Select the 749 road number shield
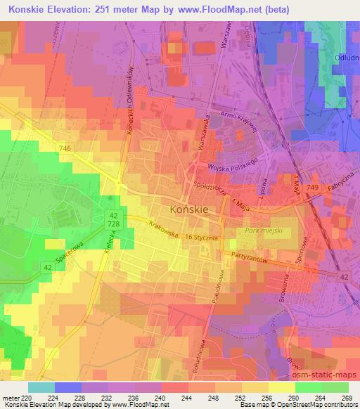pos(313,186)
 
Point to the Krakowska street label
pos(163,230)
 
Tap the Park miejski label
pos(262,230)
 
